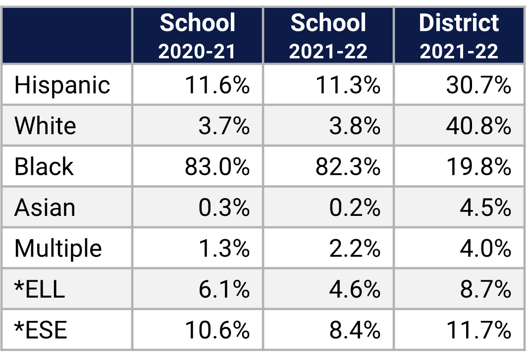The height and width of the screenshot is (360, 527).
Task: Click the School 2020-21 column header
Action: pos(197,36)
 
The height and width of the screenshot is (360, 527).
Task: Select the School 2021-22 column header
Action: pos(328,36)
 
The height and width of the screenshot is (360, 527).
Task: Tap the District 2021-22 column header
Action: pos(459,36)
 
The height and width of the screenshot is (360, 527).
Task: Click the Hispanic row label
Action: pos(62,85)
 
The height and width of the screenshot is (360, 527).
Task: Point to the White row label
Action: pos(45,126)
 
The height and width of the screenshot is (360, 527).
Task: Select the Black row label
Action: pos(44,166)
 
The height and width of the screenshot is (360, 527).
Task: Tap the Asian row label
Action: pos(45,207)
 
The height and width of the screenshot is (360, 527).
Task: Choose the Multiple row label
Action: pos(58,248)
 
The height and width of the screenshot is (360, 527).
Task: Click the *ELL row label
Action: pos(40,289)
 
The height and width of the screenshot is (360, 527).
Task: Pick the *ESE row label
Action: pos(41,330)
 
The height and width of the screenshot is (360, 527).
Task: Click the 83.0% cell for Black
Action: pos(217,167)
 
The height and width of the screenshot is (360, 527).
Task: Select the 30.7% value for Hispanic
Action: pos(478,85)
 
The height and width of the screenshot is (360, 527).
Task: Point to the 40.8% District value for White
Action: pos(478,126)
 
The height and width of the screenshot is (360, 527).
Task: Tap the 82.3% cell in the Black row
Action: pos(348,167)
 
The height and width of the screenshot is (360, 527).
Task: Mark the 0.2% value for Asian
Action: pos(355,207)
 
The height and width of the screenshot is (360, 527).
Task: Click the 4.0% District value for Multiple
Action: pos(485,248)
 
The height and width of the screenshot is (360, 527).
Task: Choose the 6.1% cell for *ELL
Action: pos(224,289)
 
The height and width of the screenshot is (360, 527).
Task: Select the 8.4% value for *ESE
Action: pos(355,330)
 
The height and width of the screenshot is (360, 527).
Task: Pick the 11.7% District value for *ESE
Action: pos(478,330)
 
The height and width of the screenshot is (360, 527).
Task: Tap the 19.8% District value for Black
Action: pos(478,167)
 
